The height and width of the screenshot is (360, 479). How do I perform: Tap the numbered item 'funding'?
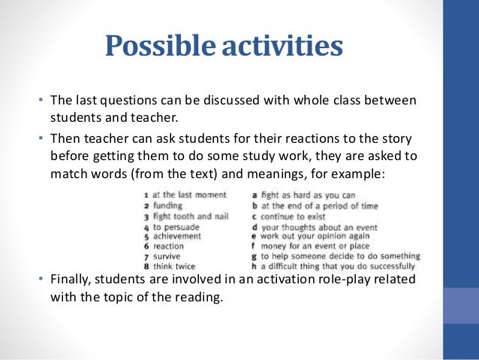click(x=163, y=205)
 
